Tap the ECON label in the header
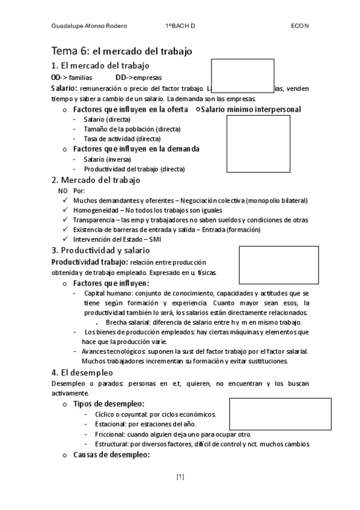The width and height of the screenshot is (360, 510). point(299,26)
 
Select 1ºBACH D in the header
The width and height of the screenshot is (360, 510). point(180,26)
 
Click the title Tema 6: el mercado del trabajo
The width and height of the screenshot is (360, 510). point(121,52)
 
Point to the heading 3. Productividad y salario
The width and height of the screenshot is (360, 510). point(100,250)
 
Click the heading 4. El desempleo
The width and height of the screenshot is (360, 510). point(82,372)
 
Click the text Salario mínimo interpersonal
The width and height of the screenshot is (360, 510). point(251,109)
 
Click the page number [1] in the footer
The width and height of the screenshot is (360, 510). point(180,477)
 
